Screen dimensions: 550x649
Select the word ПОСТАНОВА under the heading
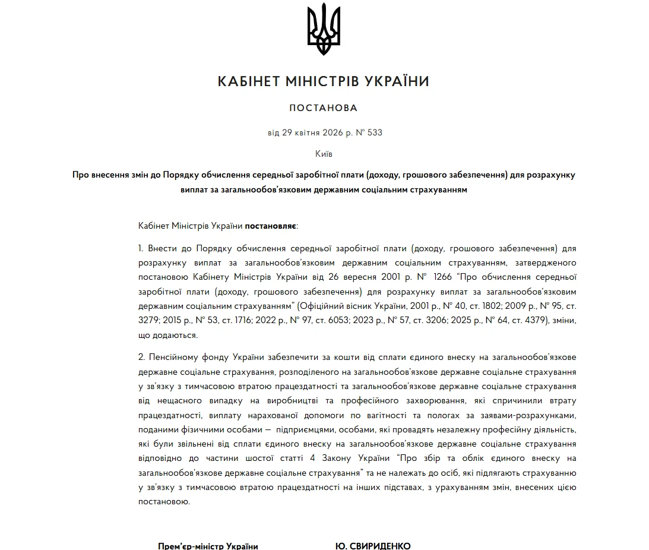tap(324, 108)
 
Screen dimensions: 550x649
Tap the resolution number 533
tap(375, 132)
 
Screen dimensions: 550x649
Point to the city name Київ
tap(324, 154)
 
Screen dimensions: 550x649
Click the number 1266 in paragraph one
tap(444, 277)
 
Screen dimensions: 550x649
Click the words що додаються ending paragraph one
tap(167, 335)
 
